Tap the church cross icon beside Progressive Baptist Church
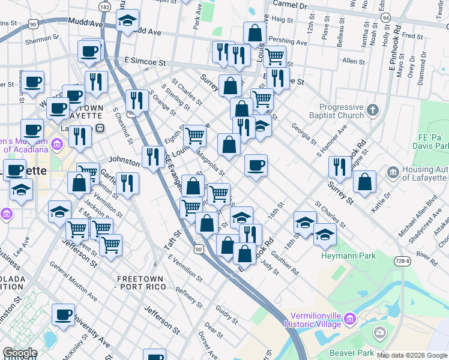click(373, 110)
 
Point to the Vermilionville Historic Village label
click(312, 319)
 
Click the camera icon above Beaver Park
click(379, 332)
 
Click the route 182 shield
click(105, 7)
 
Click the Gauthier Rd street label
click(289, 262)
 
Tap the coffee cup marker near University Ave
click(63, 315)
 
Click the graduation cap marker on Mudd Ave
click(127, 20)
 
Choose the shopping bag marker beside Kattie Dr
click(364, 182)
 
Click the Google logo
click(19, 353)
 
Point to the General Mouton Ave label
click(73, 281)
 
